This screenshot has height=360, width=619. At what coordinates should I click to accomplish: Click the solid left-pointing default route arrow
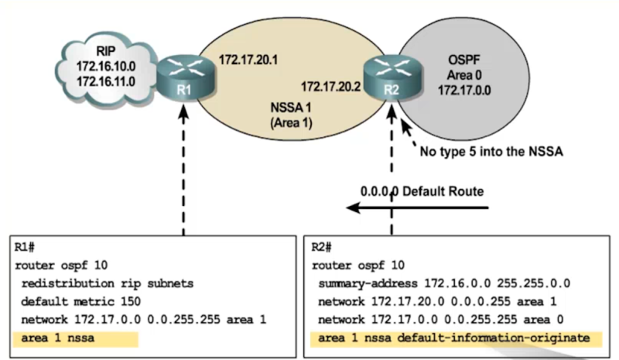pyautogui.click(x=418, y=207)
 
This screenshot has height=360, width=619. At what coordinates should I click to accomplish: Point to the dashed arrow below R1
pyautogui.click(x=183, y=170)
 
